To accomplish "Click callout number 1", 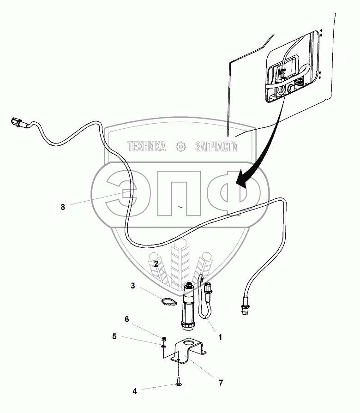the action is point(220,337).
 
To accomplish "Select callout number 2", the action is point(156,264).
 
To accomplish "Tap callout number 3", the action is point(132,286).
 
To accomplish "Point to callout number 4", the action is point(135,392).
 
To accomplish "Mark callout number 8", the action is point(63,207).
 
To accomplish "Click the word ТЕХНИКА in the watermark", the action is point(147,147).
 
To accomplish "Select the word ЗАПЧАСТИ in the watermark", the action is point(217,147).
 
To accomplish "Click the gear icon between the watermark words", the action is point(180,147).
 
